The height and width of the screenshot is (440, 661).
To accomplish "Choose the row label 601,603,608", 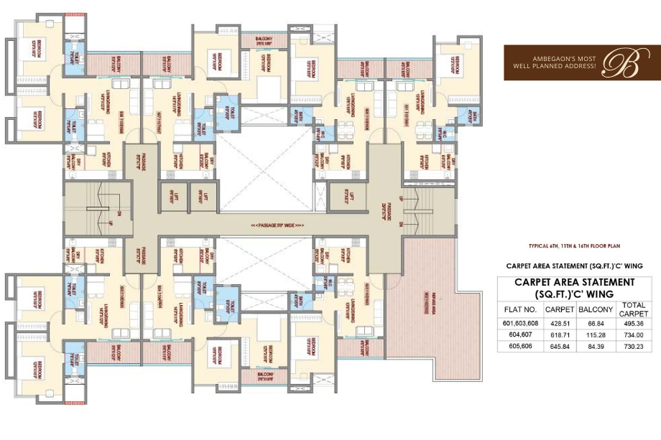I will (x=520, y=324).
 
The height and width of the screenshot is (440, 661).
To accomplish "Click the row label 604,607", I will (x=520, y=334).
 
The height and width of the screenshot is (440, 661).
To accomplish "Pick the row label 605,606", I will (x=520, y=346).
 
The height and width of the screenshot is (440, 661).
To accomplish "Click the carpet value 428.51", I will (x=559, y=324).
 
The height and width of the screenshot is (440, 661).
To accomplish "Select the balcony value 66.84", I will (x=595, y=324).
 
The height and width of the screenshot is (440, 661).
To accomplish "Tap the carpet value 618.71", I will (x=559, y=334).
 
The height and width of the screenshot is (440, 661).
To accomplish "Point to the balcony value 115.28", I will (x=595, y=334).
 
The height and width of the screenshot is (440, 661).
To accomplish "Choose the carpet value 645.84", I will (x=559, y=346).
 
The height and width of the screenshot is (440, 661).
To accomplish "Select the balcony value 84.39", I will (x=595, y=346).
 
